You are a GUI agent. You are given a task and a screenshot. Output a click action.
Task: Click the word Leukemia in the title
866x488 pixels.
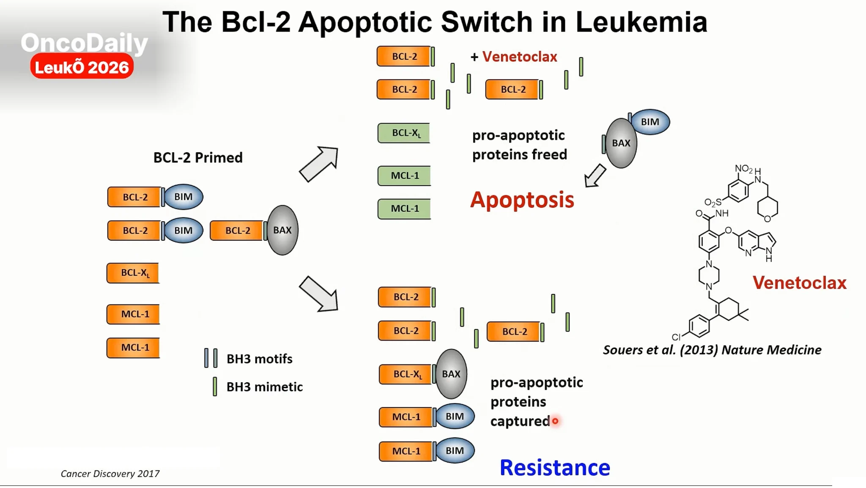point(641,22)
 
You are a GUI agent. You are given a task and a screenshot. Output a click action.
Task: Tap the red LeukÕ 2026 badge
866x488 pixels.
point(82,67)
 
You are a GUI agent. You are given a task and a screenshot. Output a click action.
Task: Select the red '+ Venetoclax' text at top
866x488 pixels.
point(514,57)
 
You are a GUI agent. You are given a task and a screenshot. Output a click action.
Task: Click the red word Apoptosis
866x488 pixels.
point(522,200)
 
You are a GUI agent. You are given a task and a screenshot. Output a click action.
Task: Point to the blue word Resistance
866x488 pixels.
point(555,467)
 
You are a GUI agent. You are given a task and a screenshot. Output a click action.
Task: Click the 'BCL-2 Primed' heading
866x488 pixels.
point(198,157)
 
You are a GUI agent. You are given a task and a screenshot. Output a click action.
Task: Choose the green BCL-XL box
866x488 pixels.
point(404,133)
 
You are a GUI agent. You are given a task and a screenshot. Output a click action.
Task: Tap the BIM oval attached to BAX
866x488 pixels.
point(650,122)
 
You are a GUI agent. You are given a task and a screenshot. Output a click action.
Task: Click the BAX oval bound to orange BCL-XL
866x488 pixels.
point(451,374)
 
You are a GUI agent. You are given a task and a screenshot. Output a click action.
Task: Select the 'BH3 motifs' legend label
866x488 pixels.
point(259,359)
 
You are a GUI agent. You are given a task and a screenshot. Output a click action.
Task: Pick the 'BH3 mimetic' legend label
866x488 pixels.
point(264,387)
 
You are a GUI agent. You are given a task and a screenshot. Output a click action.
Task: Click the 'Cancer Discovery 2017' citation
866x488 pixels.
point(110,474)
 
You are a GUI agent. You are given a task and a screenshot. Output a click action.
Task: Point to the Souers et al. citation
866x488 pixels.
point(712,350)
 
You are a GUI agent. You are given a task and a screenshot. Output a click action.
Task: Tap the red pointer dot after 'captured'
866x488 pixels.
point(555,421)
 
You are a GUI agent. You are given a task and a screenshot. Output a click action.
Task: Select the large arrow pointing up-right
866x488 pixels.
point(319,164)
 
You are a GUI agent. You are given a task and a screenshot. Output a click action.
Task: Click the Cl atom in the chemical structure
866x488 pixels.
point(676,337)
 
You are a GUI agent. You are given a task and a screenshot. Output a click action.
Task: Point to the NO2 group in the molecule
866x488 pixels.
point(744,169)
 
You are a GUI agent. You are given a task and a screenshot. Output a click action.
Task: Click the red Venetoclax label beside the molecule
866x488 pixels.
point(800,282)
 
